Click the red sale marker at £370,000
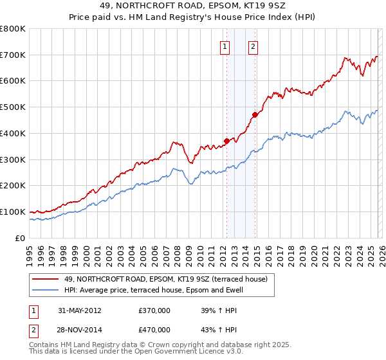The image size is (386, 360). (226, 141)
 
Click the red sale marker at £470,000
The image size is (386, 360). (255, 114)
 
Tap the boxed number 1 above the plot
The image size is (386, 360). (225, 46)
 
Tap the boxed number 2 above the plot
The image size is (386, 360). (253, 46)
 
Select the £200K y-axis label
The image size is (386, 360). (13, 186)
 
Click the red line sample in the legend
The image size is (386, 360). (46, 279)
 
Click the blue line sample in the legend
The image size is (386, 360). (46, 289)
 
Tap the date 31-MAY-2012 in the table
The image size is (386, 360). (80, 310)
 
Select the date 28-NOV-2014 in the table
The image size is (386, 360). (80, 330)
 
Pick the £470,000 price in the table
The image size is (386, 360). (154, 330)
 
